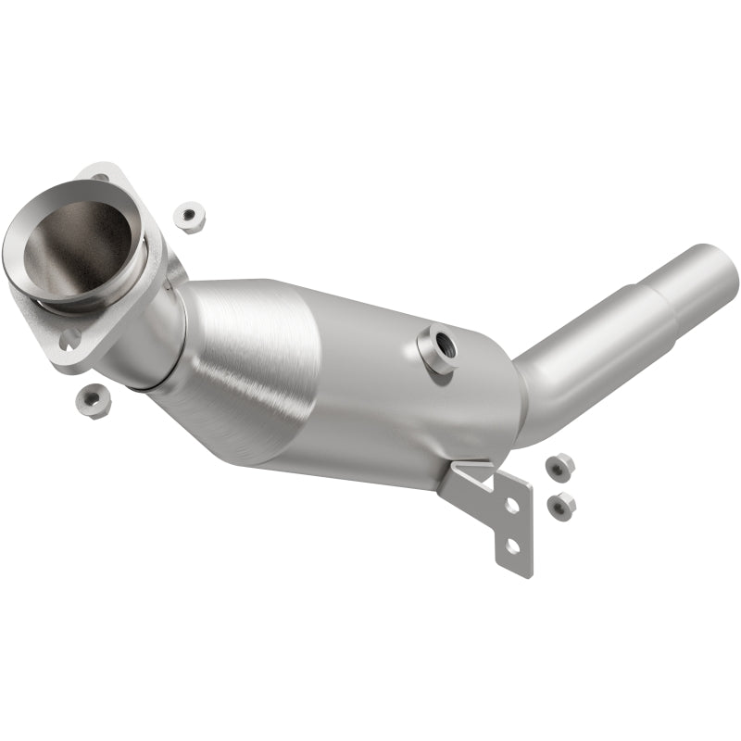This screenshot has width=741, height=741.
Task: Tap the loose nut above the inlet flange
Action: tap(189, 216)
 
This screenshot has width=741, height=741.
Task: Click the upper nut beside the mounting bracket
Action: tap(559, 466)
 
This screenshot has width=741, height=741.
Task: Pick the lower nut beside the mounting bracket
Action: tap(560, 505)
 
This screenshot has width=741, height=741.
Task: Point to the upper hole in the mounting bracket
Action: tap(510, 505)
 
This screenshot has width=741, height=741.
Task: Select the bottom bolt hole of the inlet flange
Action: tap(69, 340)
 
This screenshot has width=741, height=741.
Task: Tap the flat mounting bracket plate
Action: tap(509, 523)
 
